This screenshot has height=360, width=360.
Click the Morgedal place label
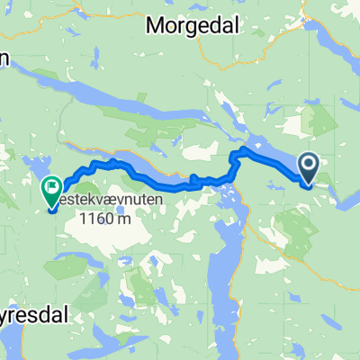[x=194, y=27]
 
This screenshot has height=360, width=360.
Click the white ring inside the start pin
[x=308, y=164]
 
